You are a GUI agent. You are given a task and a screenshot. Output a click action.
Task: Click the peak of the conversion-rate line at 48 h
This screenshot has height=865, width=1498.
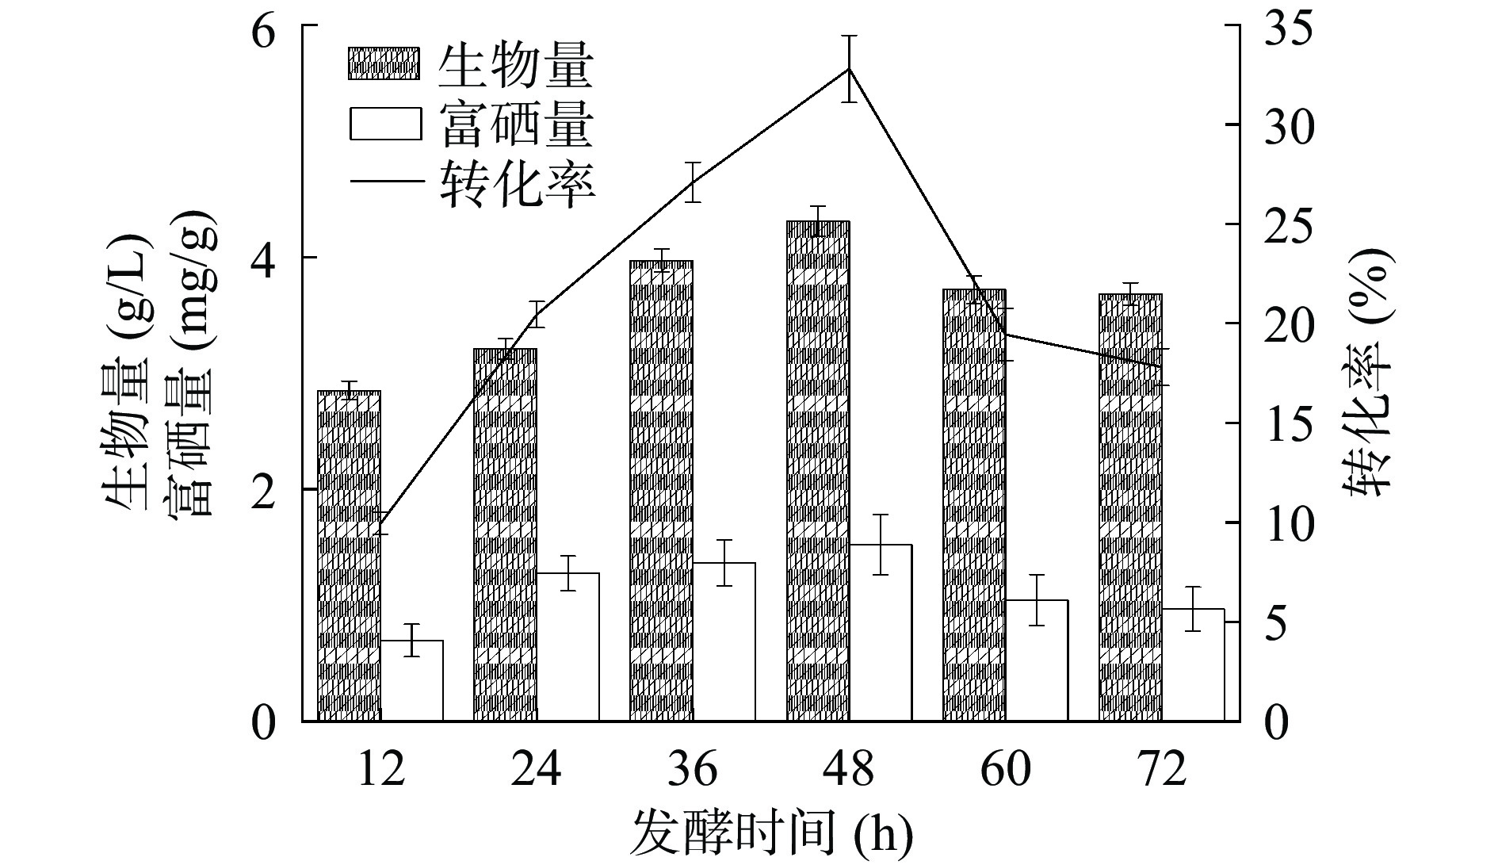point(849,68)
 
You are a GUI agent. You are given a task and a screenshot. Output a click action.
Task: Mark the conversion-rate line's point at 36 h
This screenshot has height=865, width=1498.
point(694,182)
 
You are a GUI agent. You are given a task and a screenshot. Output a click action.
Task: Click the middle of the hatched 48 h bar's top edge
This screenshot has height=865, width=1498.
point(818,222)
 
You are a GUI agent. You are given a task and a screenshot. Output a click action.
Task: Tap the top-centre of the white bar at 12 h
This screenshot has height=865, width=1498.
point(411,641)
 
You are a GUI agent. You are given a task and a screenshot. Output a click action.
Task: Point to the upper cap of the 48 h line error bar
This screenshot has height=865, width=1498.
point(849,36)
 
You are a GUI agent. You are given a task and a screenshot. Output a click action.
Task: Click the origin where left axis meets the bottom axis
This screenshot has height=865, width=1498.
point(303,721)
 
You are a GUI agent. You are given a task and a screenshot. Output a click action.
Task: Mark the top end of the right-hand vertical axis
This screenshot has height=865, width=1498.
point(1225,25)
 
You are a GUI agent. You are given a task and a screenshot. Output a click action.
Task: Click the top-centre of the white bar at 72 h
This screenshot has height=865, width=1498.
point(1194,610)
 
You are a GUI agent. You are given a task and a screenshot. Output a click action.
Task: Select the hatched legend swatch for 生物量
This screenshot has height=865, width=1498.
point(384,63)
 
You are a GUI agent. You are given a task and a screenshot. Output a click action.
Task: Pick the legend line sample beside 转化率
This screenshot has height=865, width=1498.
point(384,184)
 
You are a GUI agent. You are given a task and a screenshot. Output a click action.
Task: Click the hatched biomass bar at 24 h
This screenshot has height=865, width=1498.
point(506,535)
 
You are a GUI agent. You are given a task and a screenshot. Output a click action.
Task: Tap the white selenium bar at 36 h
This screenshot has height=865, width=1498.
point(724,642)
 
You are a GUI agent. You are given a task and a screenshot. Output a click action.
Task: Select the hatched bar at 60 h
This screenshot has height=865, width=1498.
point(974,506)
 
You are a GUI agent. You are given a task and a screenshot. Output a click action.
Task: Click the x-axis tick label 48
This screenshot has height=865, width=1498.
point(849,768)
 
